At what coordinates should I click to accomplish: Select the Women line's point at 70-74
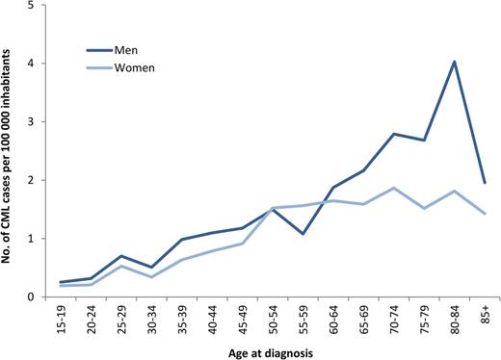[x=395, y=188]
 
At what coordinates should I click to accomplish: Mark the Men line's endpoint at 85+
[x=483, y=183]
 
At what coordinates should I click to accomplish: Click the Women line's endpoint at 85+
[x=483, y=214]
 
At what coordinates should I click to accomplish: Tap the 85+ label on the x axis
[x=483, y=318]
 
